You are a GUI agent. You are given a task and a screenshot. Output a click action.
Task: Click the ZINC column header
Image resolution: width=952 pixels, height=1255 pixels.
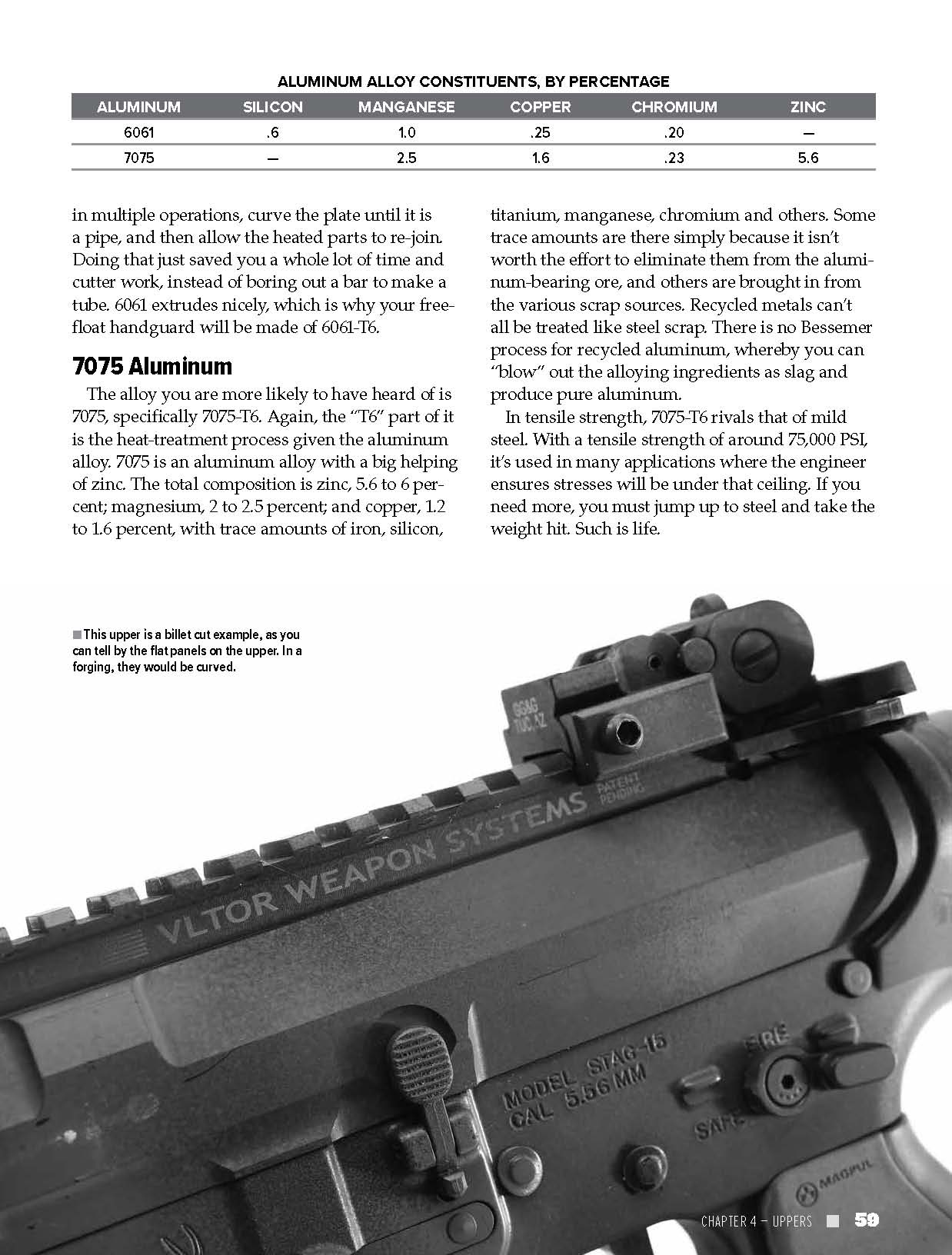[807, 107]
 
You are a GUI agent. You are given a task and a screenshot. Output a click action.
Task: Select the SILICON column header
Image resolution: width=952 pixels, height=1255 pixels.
[272, 107]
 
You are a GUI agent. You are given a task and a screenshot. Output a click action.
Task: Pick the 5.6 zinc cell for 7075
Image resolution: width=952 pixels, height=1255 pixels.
[807, 158]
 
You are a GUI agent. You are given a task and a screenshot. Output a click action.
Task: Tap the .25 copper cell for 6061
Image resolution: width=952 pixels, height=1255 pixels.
[540, 132]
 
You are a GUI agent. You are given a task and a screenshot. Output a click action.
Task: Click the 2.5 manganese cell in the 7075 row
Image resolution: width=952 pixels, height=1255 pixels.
[406, 158]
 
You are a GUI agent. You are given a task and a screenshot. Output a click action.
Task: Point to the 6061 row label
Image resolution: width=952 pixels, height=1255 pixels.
[138, 132]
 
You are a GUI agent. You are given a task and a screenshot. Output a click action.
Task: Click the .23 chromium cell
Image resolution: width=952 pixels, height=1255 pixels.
[674, 158]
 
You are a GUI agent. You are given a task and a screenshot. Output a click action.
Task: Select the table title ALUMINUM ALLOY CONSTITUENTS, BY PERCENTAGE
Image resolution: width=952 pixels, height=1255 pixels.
[473, 82]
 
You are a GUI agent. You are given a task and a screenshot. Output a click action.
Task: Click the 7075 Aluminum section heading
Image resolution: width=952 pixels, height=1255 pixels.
[152, 366]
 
